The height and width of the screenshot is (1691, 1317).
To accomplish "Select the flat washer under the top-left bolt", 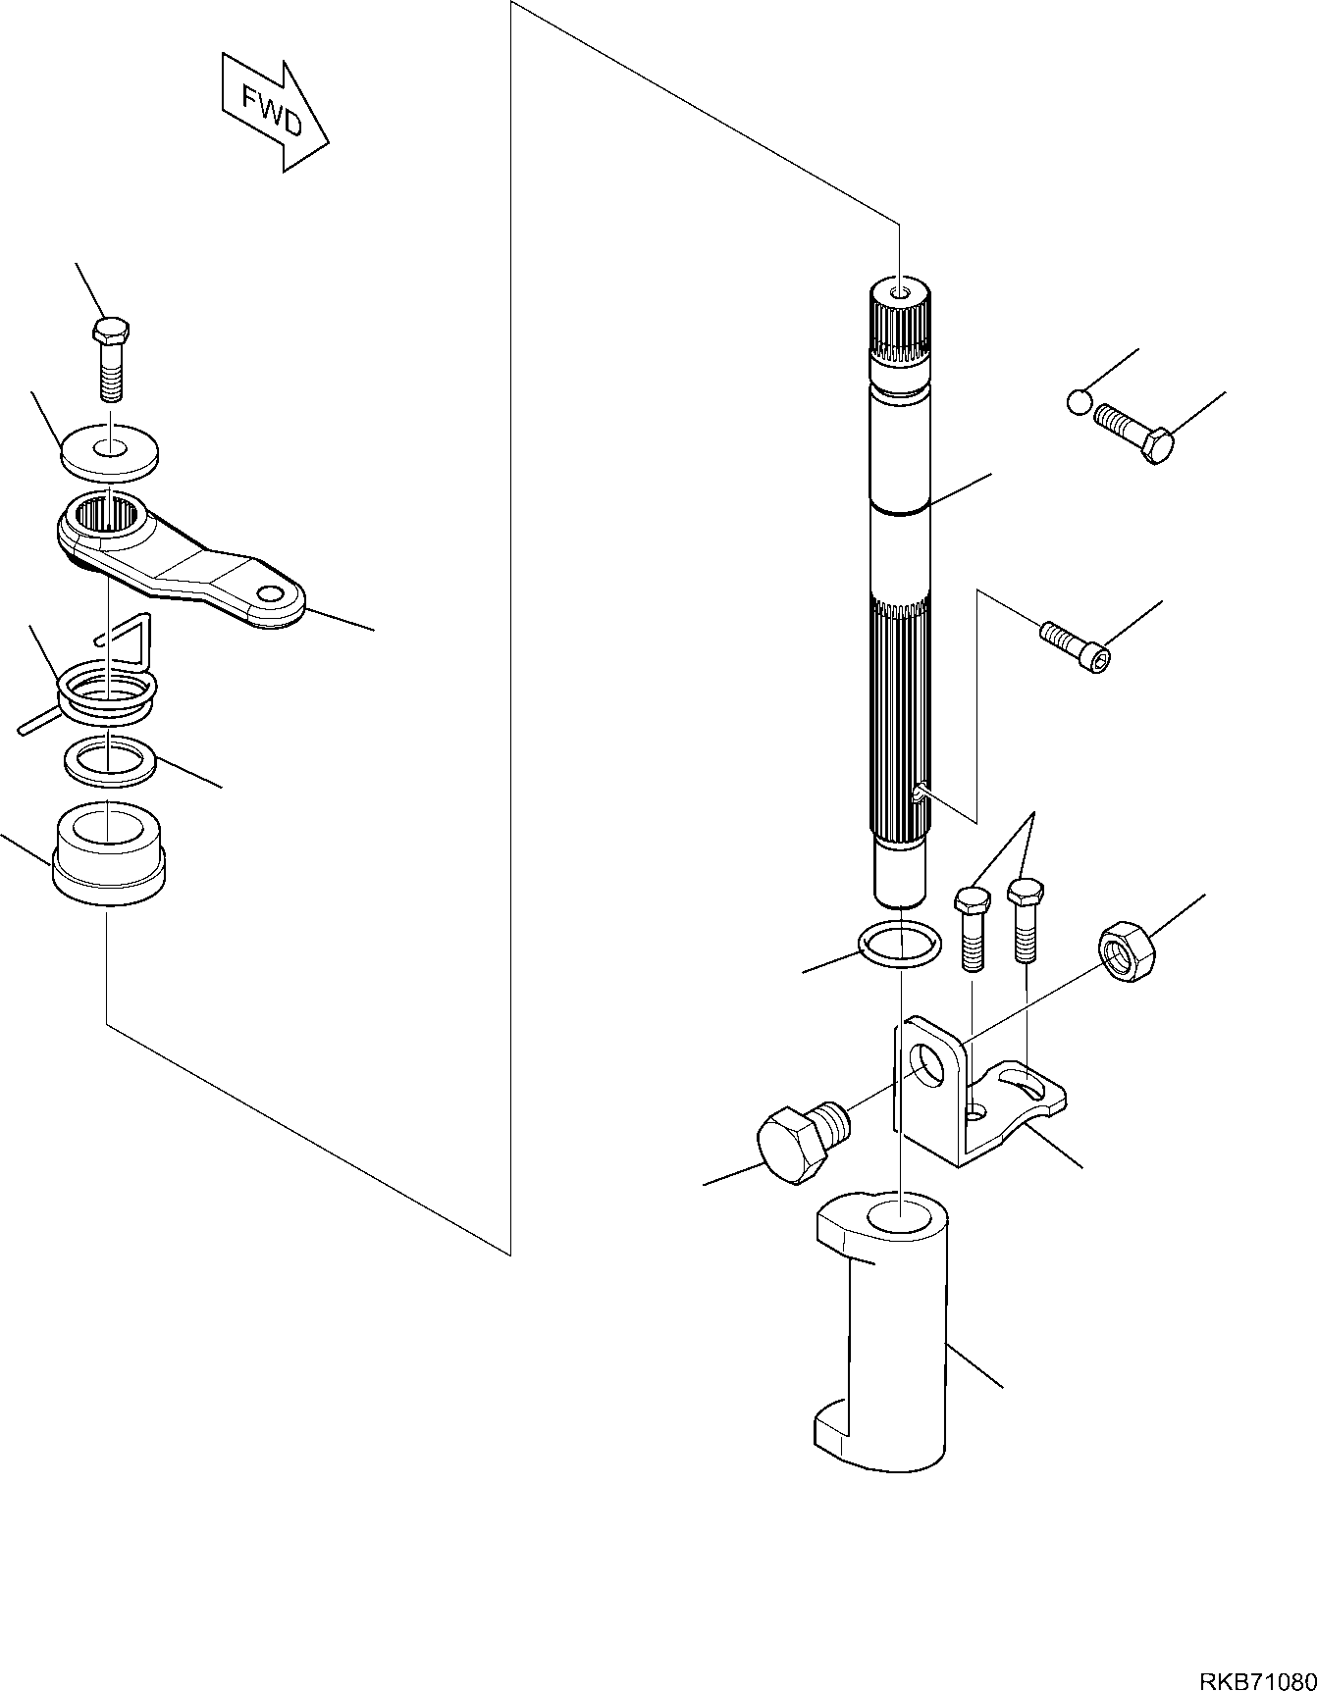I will coord(111,452).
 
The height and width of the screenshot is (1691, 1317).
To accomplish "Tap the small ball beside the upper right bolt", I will coord(1078,401).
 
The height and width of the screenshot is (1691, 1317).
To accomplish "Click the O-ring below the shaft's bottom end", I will coord(899,946).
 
